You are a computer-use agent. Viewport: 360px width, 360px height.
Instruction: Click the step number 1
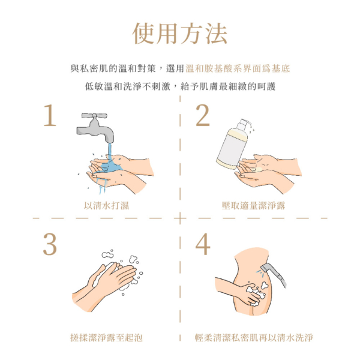(50, 116)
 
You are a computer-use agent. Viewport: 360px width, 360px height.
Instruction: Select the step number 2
(203, 116)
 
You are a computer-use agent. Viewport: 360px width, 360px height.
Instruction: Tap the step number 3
(50, 244)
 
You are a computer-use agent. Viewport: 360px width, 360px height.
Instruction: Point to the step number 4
(203, 244)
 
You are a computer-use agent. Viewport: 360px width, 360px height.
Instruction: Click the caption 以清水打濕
(106, 206)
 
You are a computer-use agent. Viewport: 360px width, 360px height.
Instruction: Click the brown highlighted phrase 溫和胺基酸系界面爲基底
(238, 69)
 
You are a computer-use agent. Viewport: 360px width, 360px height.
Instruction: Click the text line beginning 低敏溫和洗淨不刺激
(180, 86)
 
